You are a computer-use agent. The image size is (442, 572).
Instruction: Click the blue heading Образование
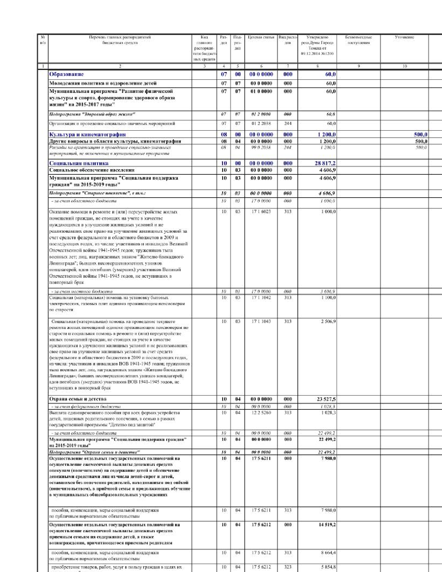pyautogui.click(x=66, y=74)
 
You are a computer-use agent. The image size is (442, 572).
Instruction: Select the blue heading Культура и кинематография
pyautogui.click(x=87, y=135)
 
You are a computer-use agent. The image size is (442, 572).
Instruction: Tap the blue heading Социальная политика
pyautogui.click(x=79, y=163)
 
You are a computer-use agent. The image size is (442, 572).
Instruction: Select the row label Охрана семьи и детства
pyautogui.click(x=78, y=399)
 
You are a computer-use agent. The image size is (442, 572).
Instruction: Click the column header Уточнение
pyautogui.click(x=404, y=37)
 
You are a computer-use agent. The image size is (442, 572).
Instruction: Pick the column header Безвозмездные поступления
pyautogui.click(x=358, y=40)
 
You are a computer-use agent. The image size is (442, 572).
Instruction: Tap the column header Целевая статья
pyautogui.click(x=261, y=37)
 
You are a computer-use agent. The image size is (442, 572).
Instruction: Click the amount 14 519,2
pyautogui.click(x=327, y=525)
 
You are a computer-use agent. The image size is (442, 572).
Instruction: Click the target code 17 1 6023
pyautogui.click(x=261, y=211)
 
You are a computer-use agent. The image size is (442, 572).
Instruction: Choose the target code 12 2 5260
pyautogui.click(x=261, y=413)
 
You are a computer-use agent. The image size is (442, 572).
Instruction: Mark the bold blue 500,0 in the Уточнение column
pyautogui.click(x=421, y=135)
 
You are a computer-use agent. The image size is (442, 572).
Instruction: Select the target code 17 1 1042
pyautogui.click(x=261, y=297)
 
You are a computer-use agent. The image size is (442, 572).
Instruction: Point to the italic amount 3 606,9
pyautogui.click(x=328, y=292)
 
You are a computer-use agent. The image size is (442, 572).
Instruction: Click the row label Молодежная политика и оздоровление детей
pyautogui.click(x=103, y=83)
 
